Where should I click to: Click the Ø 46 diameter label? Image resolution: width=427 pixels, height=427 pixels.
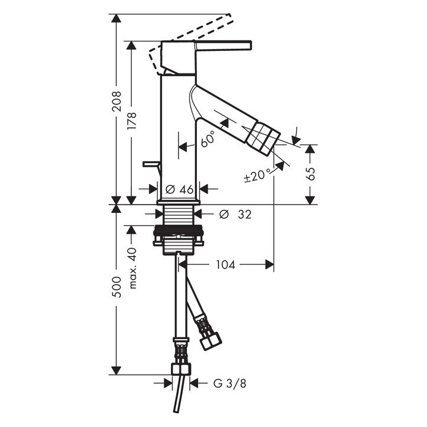click(180, 190)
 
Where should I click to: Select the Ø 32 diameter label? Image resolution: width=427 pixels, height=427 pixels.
click(235, 214)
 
